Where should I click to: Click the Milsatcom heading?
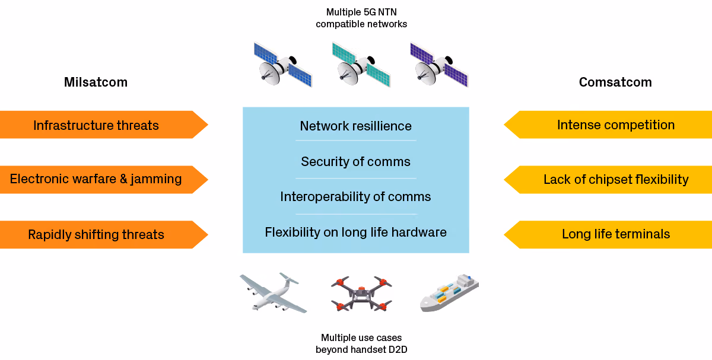click(96, 82)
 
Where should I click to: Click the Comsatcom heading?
click(615, 82)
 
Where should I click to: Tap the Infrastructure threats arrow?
click(104, 125)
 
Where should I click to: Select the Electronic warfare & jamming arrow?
click(104, 180)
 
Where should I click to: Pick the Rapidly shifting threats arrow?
click(104, 234)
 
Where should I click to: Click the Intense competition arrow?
click(608, 125)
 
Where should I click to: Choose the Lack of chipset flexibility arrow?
click(608, 180)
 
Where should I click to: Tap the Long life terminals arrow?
click(608, 234)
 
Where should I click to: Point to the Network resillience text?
click(355, 126)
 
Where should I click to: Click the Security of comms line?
click(355, 162)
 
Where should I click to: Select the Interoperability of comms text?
click(355, 197)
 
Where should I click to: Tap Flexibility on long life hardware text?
click(355, 232)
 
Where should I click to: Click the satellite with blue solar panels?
click(283, 65)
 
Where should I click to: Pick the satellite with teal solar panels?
click(361, 65)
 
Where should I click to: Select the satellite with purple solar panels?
click(439, 65)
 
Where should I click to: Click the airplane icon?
click(274, 292)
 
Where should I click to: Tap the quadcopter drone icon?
click(361, 294)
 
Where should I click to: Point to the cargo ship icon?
click(449, 292)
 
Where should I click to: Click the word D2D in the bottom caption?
click(398, 349)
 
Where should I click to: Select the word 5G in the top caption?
click(370, 12)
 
